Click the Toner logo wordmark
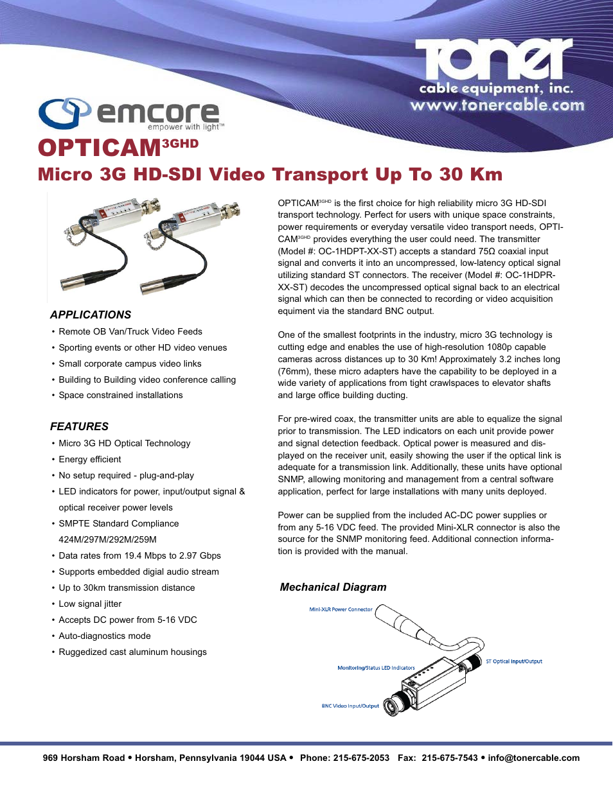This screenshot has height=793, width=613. pos(493,60)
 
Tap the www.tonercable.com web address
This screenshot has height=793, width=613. pos(497,105)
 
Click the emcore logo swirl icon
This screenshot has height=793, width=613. pos(64,114)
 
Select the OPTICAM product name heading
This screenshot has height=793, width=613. pos(100,148)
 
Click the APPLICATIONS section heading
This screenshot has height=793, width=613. pos(91,315)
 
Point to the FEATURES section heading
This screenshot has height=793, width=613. pos(79,426)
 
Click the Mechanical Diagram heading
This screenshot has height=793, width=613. pos(333,587)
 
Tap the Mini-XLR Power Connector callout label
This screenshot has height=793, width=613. pos(341,609)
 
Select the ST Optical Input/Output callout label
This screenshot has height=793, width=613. pos(513,661)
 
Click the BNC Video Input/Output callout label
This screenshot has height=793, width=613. pos(350,706)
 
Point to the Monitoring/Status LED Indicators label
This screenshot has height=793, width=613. pos(376,668)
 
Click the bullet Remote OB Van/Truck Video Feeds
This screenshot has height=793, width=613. pos(130,331)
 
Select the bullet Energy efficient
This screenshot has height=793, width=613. pos(90,459)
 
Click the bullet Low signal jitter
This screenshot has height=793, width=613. pos(90,604)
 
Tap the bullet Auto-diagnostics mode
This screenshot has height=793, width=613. pos(105,636)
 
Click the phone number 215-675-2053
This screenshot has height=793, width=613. pos(361,758)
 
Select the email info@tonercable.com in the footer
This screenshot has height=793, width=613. pos(533,758)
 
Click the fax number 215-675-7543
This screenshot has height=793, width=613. pos(450,758)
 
